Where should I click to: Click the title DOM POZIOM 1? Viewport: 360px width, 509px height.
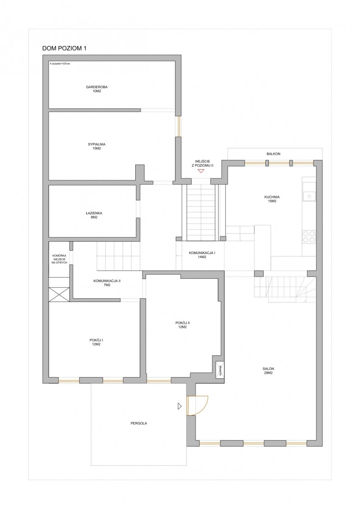pyautogui.click(x=64, y=48)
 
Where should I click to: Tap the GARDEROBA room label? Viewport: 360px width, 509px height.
pyautogui.click(x=97, y=87)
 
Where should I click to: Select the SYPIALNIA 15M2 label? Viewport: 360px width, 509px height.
pyautogui.click(x=97, y=146)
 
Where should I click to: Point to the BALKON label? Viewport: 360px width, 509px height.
pyautogui.click(x=273, y=154)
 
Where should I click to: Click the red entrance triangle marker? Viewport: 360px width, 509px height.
pyautogui.click(x=200, y=171)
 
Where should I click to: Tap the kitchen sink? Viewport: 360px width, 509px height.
pyautogui.click(x=309, y=196)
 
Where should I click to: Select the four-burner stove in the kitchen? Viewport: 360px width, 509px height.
pyautogui.click(x=309, y=237)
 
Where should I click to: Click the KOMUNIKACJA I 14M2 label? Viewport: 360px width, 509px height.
pyautogui.click(x=202, y=255)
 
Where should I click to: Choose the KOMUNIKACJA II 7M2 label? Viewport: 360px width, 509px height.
pyautogui.click(x=107, y=283)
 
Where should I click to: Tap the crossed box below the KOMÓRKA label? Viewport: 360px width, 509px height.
pyautogui.click(x=59, y=294)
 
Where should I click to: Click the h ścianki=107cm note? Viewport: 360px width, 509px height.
pyautogui.click(x=60, y=64)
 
